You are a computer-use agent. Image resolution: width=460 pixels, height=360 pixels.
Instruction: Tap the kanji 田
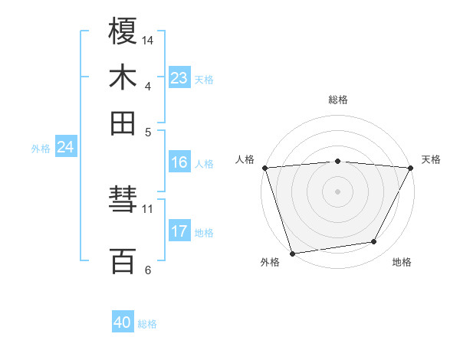[x=123, y=123]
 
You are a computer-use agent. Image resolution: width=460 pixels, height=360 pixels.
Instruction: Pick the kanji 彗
[x=123, y=201]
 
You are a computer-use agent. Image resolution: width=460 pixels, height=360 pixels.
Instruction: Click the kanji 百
[x=123, y=260]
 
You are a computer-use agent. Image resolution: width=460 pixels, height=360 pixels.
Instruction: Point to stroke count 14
[x=148, y=40]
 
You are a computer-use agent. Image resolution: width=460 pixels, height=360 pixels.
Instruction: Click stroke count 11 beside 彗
[x=148, y=208]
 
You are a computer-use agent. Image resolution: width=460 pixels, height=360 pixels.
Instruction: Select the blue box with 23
[x=179, y=78]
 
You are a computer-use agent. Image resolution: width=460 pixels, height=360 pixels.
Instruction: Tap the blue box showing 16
[x=179, y=162]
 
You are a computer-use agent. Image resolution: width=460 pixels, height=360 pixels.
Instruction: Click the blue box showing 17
[x=179, y=231]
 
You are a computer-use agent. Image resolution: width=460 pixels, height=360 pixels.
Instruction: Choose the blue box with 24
[x=65, y=147]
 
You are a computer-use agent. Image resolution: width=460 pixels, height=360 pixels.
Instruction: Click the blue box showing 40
[x=123, y=322]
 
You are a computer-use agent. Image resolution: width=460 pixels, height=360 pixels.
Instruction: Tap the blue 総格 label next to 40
[x=147, y=324]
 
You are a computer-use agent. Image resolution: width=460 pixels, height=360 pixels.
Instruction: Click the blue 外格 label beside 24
[x=41, y=149]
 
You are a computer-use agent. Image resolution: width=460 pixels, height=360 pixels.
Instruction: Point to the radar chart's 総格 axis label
[x=338, y=100]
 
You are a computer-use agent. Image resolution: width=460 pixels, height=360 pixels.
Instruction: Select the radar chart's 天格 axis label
[x=432, y=159]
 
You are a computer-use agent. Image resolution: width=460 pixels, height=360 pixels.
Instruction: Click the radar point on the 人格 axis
[x=264, y=168]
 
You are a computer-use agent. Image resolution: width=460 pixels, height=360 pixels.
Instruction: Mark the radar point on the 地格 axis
[x=374, y=242]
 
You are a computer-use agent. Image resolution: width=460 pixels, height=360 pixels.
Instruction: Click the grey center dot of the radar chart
[x=337, y=191]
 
